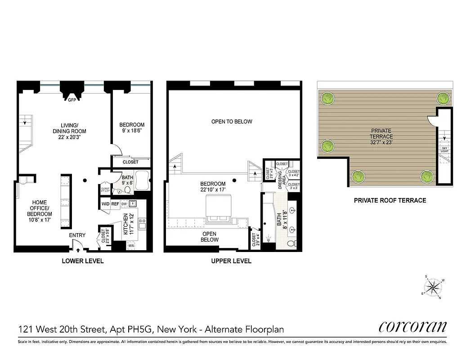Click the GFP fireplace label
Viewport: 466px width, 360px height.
[71, 100]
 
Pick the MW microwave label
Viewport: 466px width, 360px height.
[132, 246]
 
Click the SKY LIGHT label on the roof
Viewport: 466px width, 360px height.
[444, 149]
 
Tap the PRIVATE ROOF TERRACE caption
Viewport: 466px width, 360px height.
[390, 200]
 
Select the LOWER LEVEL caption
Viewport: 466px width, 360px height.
[83, 261]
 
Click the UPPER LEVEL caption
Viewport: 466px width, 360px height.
[231, 261]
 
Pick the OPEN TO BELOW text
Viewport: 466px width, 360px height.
[232, 121]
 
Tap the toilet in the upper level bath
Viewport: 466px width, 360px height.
[291, 243]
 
